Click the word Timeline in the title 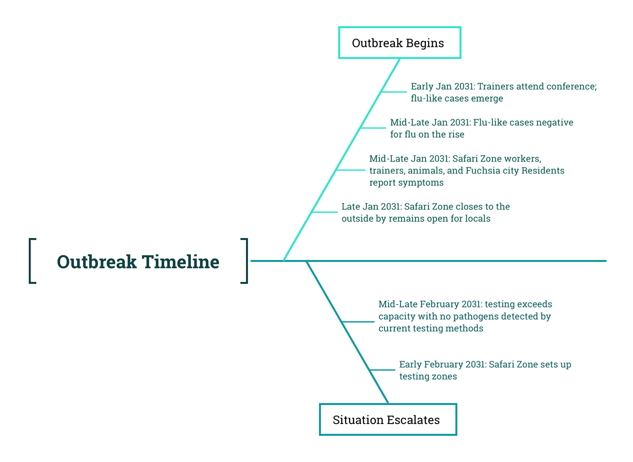tap(181, 262)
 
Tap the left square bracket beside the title tap(30, 261)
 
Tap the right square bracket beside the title tap(247, 261)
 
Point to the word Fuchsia tap(482, 171)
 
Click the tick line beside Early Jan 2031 tap(394, 92)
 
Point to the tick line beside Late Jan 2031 tap(325, 212)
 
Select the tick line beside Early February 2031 tap(382, 370)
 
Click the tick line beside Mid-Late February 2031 tap(358, 322)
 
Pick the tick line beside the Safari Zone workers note tap(351, 170)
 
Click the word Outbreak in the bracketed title tap(97, 262)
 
